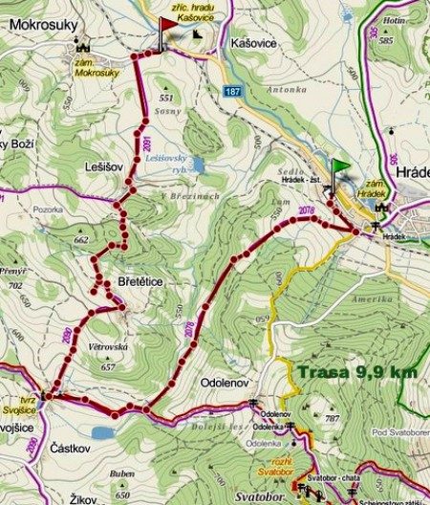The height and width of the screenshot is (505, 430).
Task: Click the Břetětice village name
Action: tap(141, 282)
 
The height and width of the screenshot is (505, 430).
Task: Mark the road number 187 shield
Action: tap(235, 91)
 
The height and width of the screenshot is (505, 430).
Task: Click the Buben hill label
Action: tap(122, 473)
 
